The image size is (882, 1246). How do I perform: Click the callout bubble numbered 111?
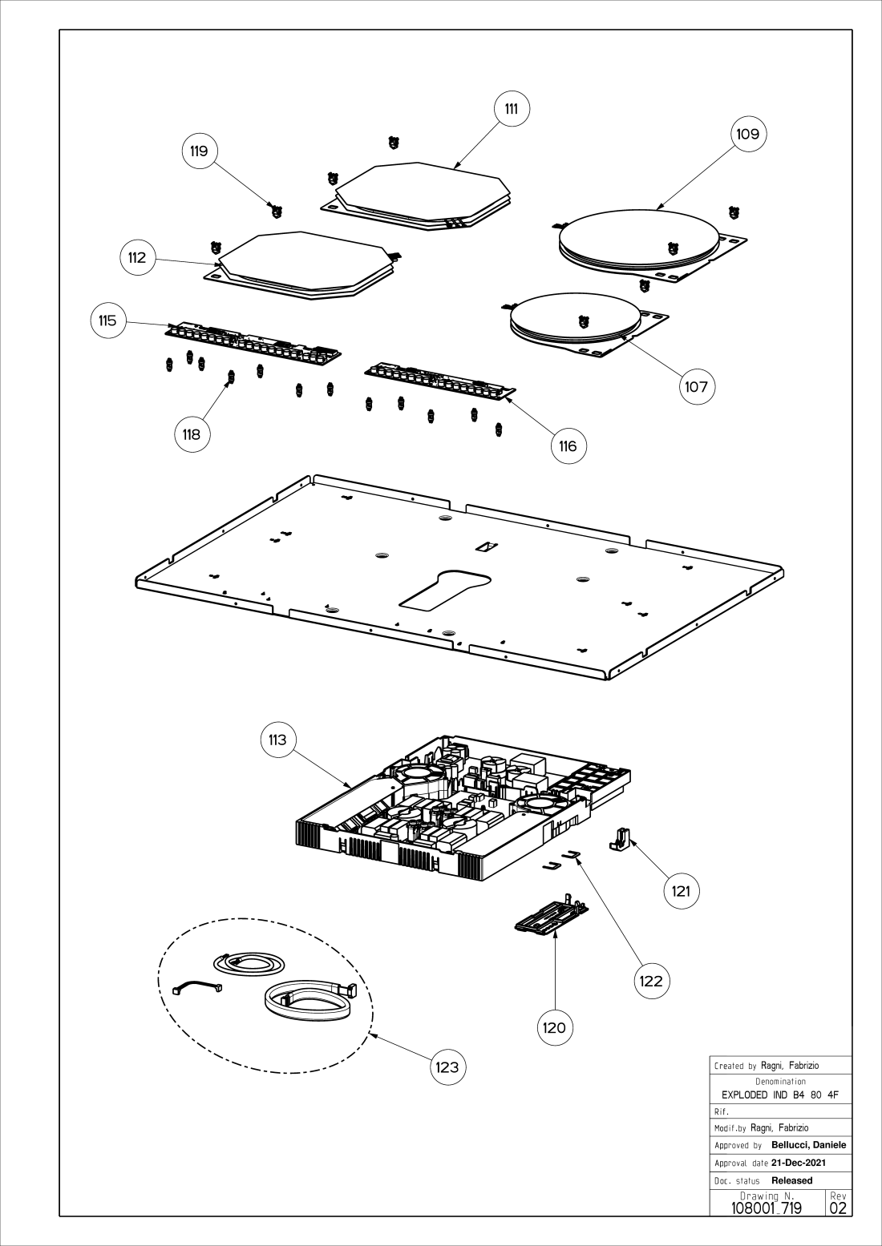tap(511, 108)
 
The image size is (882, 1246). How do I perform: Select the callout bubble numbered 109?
tap(747, 134)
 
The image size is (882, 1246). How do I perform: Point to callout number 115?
tap(107, 321)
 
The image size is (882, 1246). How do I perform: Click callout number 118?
tap(191, 434)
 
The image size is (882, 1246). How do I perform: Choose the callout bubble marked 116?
tap(568, 446)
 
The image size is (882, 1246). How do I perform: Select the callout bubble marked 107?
tap(696, 387)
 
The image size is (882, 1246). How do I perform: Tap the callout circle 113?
tap(277, 740)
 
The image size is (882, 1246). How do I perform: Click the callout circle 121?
tap(681, 891)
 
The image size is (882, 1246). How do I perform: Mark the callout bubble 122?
tap(651, 981)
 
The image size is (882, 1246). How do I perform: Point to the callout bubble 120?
tap(554, 1027)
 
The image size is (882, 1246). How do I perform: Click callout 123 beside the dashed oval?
tap(447, 1067)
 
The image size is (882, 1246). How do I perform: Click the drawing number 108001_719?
tap(766, 1208)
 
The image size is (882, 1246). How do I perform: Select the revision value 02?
tap(839, 1208)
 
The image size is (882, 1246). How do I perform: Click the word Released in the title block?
tap(791, 1180)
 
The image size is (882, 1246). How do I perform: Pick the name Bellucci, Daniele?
tap(808, 1145)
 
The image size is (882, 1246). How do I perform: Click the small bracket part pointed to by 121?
tap(622, 837)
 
